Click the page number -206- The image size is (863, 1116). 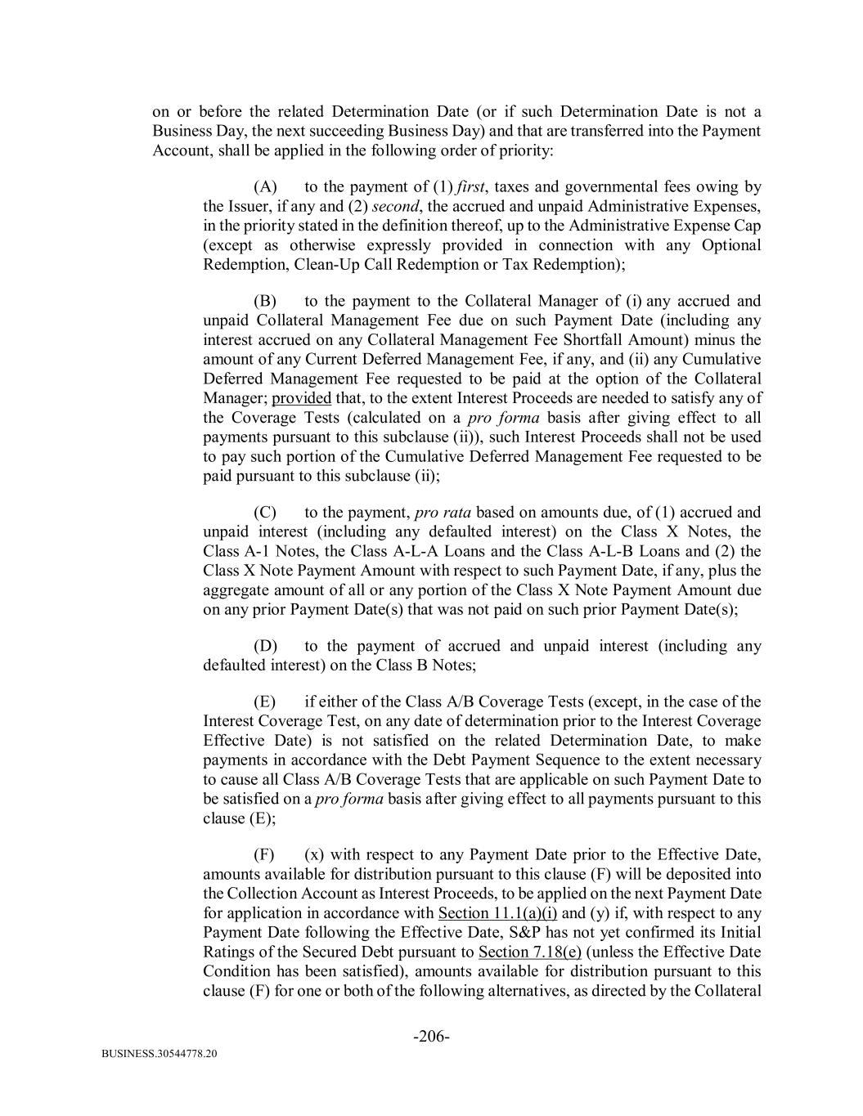coord(431,1037)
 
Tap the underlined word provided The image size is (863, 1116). coord(301,398)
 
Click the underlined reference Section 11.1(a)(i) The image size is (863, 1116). coord(498,913)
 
